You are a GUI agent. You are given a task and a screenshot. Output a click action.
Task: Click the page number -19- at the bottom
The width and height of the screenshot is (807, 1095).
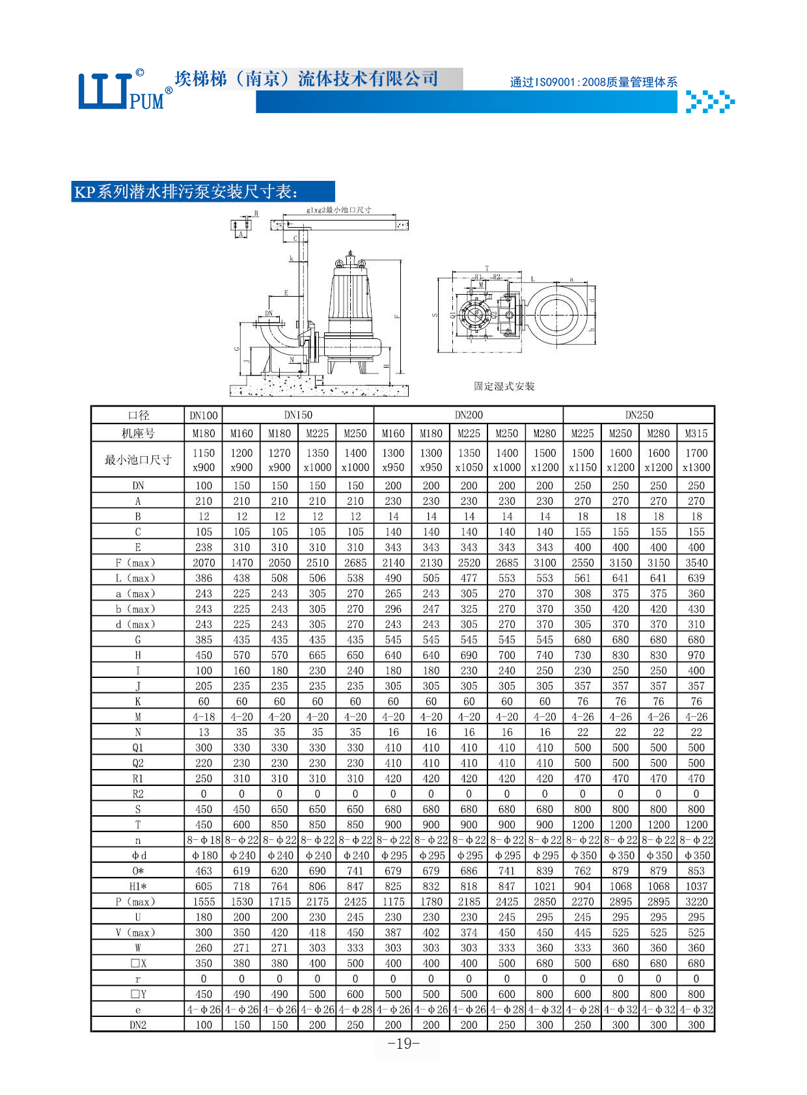[x=403, y=1044]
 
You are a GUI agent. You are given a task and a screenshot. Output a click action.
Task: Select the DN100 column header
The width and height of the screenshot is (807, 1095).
[x=204, y=415]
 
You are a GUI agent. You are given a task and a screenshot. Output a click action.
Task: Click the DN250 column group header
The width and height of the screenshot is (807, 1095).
[x=639, y=415]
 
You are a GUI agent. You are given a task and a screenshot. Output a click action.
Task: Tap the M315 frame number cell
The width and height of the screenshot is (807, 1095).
[x=696, y=433]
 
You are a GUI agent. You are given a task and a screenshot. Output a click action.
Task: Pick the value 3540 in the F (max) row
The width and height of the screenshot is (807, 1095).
[x=696, y=563]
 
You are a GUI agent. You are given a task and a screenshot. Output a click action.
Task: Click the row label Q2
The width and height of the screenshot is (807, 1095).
[x=138, y=763]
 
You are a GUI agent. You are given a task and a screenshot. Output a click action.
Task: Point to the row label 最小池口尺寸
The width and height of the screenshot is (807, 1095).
[x=138, y=460]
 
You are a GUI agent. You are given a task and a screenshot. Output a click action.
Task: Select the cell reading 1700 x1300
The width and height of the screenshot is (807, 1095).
[x=696, y=460]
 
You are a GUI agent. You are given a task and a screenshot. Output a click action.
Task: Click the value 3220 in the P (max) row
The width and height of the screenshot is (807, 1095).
[x=696, y=902]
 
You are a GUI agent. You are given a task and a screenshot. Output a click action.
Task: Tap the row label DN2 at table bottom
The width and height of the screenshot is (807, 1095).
[x=138, y=1025]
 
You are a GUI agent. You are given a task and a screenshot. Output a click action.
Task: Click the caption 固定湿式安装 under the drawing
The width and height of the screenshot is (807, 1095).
[x=504, y=386]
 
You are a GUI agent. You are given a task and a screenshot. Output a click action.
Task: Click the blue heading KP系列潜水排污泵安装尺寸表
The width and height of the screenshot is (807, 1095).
[x=189, y=192]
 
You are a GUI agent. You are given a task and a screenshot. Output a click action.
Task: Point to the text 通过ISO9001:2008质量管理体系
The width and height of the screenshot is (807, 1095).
[x=594, y=82]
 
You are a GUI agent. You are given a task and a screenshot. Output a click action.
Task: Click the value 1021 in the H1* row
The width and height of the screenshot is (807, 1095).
[x=545, y=886]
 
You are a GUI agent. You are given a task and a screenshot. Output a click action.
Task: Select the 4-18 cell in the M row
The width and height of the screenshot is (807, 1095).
[x=204, y=717]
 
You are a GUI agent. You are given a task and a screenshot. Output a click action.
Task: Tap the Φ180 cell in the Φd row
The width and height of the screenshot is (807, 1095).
[x=204, y=856]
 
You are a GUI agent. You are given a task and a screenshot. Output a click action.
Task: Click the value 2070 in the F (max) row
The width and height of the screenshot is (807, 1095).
[x=204, y=563]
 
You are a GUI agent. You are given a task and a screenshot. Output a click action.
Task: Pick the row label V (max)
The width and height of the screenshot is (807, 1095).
[x=138, y=932]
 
